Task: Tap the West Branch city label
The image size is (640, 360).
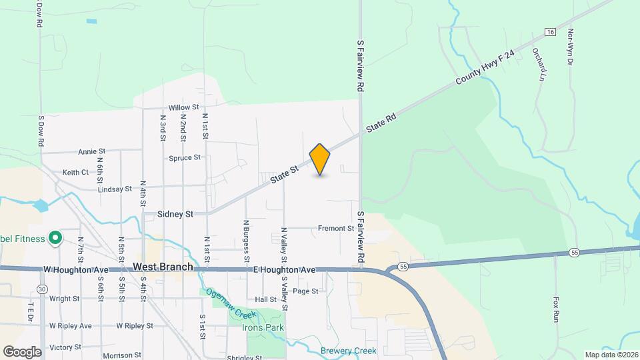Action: tap(163, 267)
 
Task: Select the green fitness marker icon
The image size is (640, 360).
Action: tap(56, 238)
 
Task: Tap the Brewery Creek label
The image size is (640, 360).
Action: tap(349, 351)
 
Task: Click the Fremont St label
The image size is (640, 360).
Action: tap(335, 228)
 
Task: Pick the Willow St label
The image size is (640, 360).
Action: tap(183, 107)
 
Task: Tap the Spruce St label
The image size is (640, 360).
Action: tap(185, 158)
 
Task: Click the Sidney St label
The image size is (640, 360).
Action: tap(175, 214)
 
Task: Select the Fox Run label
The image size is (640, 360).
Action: tap(555, 309)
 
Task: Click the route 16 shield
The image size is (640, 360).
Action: tap(549, 32)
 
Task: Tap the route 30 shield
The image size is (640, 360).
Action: tap(43, 289)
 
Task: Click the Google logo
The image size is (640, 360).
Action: tap(22, 351)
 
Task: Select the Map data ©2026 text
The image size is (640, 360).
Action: tap(611, 355)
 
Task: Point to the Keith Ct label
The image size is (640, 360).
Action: tap(75, 172)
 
